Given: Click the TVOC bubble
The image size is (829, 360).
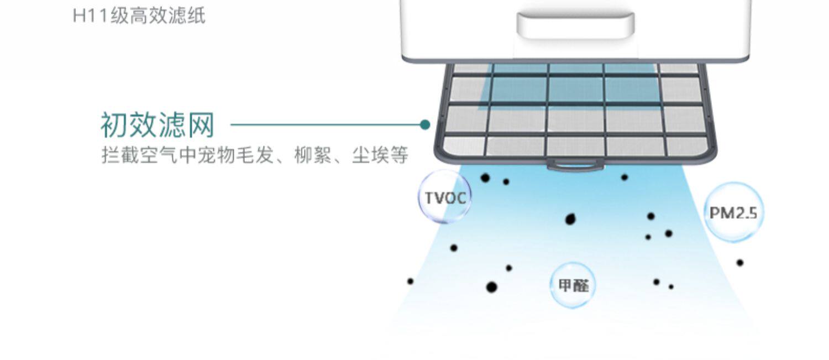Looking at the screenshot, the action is coord(445,197).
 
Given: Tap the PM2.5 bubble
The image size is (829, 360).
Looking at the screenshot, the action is coord(733,212).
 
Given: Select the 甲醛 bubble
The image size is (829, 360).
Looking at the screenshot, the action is coord(573,285).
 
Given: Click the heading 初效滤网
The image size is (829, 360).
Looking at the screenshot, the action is coord(158,125).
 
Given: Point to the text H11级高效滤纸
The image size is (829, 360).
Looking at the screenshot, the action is coord(139,15).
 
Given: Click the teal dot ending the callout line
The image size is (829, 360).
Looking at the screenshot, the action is coord(424,125).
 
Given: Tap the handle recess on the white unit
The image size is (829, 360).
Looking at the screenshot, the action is coord(575,25).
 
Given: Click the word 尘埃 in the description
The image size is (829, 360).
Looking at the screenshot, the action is coord(371,155).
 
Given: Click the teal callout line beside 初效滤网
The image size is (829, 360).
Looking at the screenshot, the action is coord(326,125).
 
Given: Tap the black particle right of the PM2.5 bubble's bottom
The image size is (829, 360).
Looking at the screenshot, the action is coord(740,263).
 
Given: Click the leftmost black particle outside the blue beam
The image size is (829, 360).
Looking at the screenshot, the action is coord(410,281).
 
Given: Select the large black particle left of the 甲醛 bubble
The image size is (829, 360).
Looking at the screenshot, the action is coord(491,287).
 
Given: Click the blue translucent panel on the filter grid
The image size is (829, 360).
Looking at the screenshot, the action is coord(569,88).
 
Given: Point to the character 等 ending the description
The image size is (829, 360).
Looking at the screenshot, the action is coord(400,155).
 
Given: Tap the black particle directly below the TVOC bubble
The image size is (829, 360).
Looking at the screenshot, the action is coord(454,248).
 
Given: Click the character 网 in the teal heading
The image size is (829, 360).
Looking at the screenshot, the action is coord(201,125).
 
